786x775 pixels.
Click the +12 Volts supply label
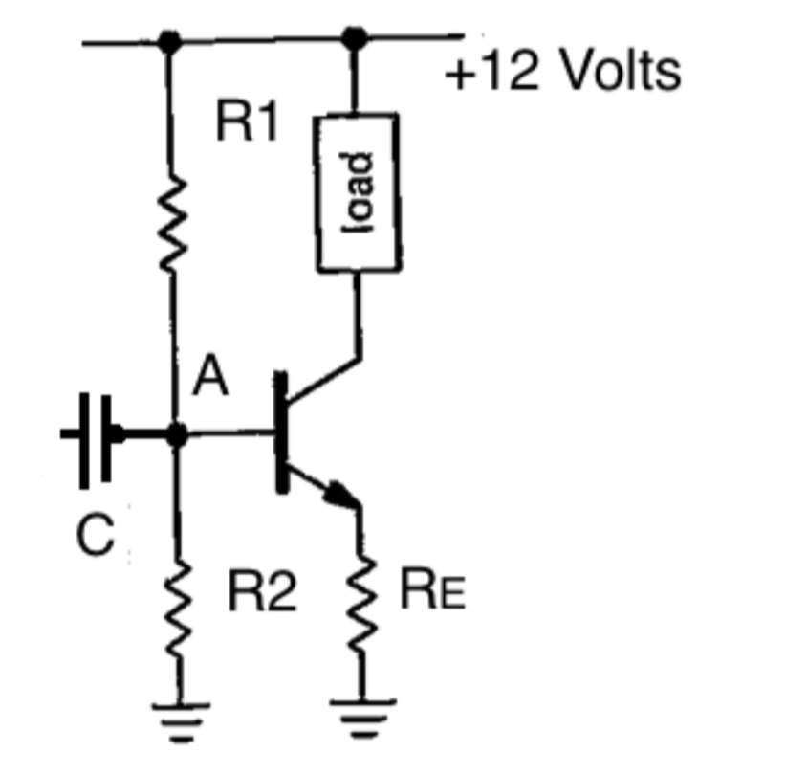click(562, 73)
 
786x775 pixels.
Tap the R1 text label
click(246, 122)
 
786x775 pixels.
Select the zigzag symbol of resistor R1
click(171, 225)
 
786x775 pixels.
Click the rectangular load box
click(356, 190)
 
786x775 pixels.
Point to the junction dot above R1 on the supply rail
click(170, 41)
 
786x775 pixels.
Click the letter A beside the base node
click(210, 381)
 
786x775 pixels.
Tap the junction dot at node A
click(175, 434)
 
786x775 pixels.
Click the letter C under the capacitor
click(96, 538)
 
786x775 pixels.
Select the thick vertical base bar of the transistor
click(281, 432)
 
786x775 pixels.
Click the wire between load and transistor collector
click(358, 316)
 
